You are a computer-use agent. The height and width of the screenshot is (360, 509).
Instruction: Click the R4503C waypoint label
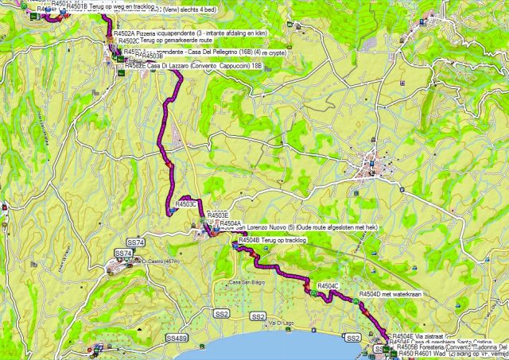point(185,204)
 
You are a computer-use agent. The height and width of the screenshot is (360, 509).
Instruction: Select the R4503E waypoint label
point(218,215)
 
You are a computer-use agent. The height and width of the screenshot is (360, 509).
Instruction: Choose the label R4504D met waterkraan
point(384,294)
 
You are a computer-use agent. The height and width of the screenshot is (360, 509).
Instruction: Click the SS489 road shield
point(177,339)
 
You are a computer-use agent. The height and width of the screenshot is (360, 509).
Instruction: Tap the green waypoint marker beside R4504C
point(313,292)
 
